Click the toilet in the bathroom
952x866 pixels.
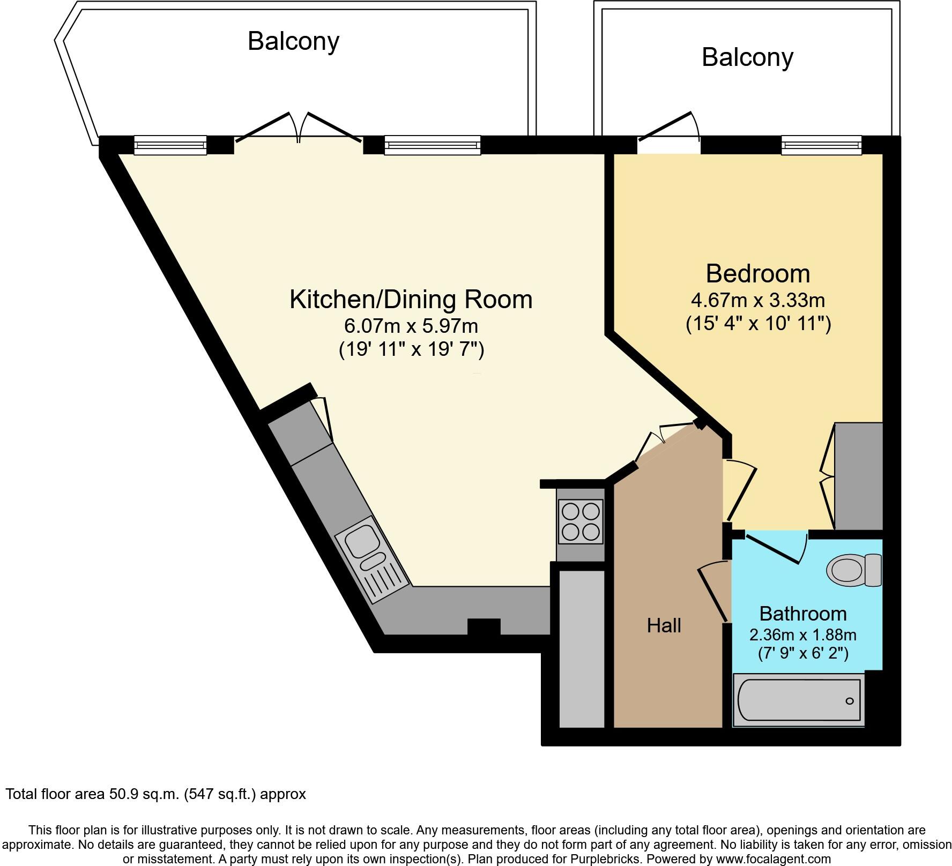tap(854, 571)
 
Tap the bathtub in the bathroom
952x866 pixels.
tap(799, 700)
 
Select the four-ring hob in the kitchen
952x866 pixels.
tap(581, 521)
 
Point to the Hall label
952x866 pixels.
tap(664, 625)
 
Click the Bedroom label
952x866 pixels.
tap(758, 273)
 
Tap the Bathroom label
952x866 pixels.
tap(803, 613)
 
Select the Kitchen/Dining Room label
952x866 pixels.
tap(411, 299)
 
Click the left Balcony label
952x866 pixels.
tap(293, 41)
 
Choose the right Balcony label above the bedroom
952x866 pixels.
tap(747, 57)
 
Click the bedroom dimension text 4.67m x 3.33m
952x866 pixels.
tap(758, 300)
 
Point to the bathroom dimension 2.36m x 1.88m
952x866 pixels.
tap(803, 635)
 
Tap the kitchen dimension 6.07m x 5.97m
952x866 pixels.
tap(411, 325)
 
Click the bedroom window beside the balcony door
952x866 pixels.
tap(821, 145)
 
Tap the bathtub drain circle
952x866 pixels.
tap(850, 701)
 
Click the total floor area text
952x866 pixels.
tap(156, 794)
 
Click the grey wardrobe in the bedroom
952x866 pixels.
tap(858, 476)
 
